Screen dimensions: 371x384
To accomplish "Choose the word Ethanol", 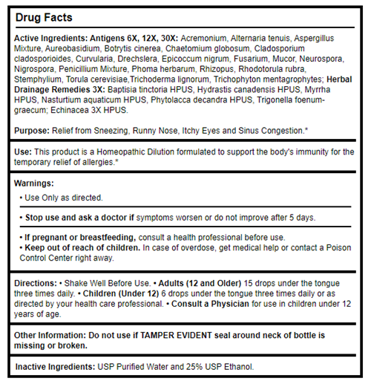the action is (239, 366).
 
